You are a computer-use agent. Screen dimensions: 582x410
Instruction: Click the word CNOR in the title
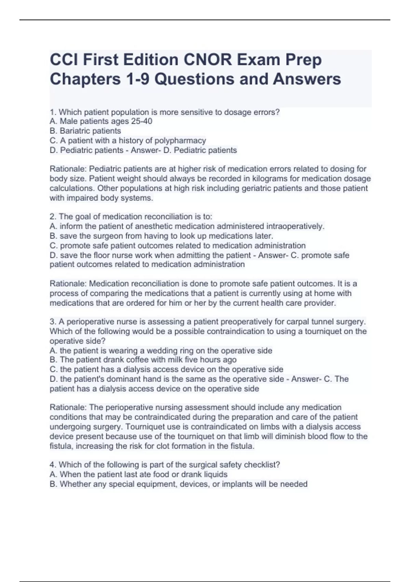207,60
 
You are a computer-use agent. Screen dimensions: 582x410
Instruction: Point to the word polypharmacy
180,140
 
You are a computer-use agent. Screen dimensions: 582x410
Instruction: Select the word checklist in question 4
262,465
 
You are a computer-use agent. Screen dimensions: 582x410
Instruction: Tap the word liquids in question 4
216,474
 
